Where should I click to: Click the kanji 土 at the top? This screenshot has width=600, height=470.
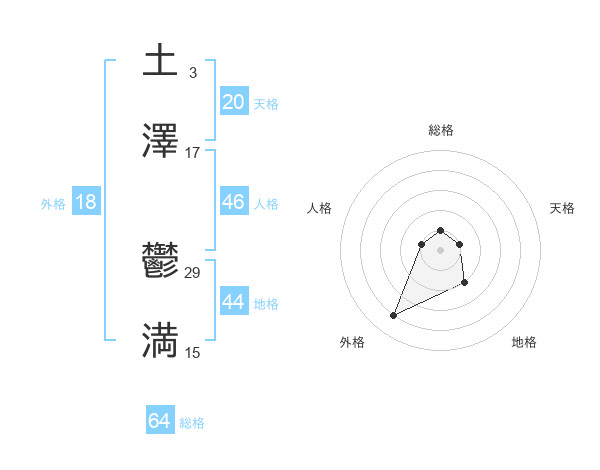pyautogui.click(x=160, y=61)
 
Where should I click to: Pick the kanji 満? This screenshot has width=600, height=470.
pyautogui.click(x=160, y=341)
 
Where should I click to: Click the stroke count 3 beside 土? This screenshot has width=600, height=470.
pyautogui.click(x=192, y=72)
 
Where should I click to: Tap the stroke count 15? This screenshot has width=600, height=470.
pyautogui.click(x=192, y=352)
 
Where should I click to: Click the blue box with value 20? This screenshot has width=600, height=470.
pyautogui.click(x=233, y=102)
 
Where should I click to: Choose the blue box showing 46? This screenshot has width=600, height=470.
pyautogui.click(x=233, y=202)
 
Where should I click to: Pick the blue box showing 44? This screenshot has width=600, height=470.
pyautogui.click(x=233, y=302)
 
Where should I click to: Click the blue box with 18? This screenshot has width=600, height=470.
pyautogui.click(x=86, y=202)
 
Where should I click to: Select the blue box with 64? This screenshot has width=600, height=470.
pyautogui.click(x=159, y=421)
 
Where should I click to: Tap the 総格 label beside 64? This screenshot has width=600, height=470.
pyautogui.click(x=192, y=423)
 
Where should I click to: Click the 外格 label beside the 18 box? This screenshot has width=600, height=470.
pyautogui.click(x=53, y=204)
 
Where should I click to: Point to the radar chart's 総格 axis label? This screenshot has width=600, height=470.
pyautogui.click(x=441, y=130)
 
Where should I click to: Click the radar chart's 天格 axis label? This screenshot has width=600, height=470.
pyautogui.click(x=562, y=208)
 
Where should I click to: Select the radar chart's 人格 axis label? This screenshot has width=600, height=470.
pyautogui.click(x=319, y=208)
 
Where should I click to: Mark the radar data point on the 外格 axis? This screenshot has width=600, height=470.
pyautogui.click(x=393, y=316)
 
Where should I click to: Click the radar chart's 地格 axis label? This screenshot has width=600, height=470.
pyautogui.click(x=524, y=342)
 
